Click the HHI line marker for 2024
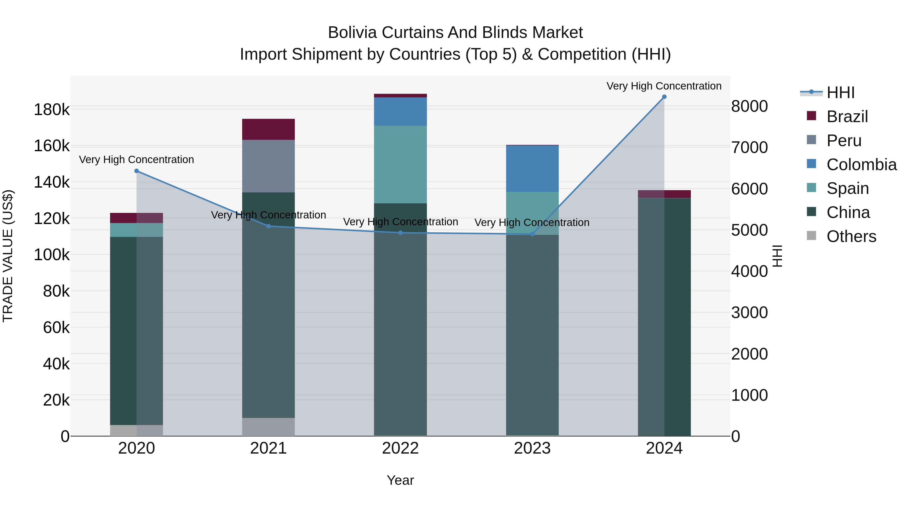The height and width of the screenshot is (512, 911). [664, 97]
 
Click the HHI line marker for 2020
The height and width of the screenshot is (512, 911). [136, 171]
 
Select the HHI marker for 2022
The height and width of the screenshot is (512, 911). [400, 233]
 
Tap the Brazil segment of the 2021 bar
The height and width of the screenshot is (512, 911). [268, 129]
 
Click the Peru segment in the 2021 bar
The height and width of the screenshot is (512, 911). [268, 166]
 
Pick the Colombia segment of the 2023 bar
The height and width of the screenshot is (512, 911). [532, 169]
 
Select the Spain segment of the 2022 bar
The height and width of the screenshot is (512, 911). [400, 164]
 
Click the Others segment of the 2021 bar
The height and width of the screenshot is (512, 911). [268, 427]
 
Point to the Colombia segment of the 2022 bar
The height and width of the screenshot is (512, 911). [400, 111]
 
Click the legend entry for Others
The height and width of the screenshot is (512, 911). [851, 236]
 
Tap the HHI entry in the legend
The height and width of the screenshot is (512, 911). [840, 93]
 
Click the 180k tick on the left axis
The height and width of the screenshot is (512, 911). [52, 109]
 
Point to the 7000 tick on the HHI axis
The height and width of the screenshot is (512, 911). [749, 147]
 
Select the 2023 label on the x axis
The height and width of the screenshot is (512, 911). [532, 448]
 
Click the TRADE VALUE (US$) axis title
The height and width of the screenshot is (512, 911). [8, 256]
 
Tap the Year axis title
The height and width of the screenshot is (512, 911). [400, 480]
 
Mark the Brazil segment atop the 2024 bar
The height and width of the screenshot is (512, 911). [664, 194]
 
